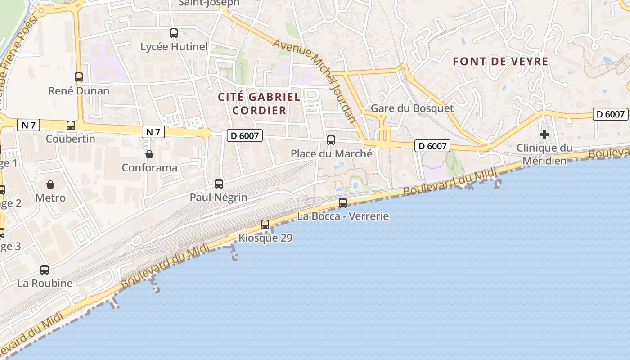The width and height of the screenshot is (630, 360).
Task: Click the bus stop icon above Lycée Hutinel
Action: coord(174,33)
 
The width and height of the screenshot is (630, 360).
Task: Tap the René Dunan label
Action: coord(79,91)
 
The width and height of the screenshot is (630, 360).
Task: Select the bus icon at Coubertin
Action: coord(71,126)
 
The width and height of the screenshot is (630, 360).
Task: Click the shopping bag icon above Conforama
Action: coord(149,155)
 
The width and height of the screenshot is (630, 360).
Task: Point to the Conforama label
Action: coord(149,168)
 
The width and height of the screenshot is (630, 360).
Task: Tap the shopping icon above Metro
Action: coord(50,184)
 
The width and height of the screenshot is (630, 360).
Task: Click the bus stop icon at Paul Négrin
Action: coord(219,184)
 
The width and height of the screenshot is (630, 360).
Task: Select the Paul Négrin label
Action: coord(219,198)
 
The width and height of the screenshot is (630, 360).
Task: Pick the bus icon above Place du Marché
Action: coord(331,140)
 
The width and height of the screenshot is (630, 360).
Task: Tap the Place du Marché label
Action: coord(331,153)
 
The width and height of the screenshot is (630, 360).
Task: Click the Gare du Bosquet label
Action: coord(412,108)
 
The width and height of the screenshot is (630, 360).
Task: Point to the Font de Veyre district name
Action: coord(500,62)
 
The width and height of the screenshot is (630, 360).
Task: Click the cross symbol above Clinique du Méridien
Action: coord(544,134)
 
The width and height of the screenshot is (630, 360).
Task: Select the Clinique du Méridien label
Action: coord(544,154)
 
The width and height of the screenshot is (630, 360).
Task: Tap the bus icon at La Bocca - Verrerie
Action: coord(343,202)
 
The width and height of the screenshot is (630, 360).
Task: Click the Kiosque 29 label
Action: coord(265,238)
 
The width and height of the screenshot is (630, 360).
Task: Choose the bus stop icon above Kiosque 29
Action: coord(265,224)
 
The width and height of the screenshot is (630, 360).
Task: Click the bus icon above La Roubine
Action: coord(45,270)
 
